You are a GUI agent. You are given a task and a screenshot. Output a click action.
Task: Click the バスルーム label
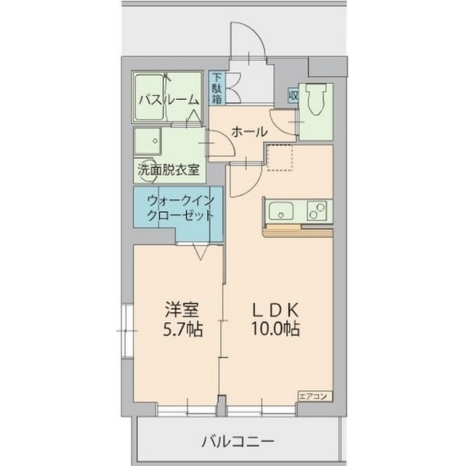[168, 100]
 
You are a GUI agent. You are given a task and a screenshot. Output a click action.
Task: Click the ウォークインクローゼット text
[180, 208]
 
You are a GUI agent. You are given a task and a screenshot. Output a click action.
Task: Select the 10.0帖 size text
[274, 329]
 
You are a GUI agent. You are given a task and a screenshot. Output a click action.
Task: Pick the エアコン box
[315, 395]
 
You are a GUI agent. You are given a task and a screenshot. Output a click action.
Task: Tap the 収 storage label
[293, 95]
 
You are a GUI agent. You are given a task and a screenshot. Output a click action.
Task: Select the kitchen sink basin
[280, 211]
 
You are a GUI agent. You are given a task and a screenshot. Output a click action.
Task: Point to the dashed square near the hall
[278, 156]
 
